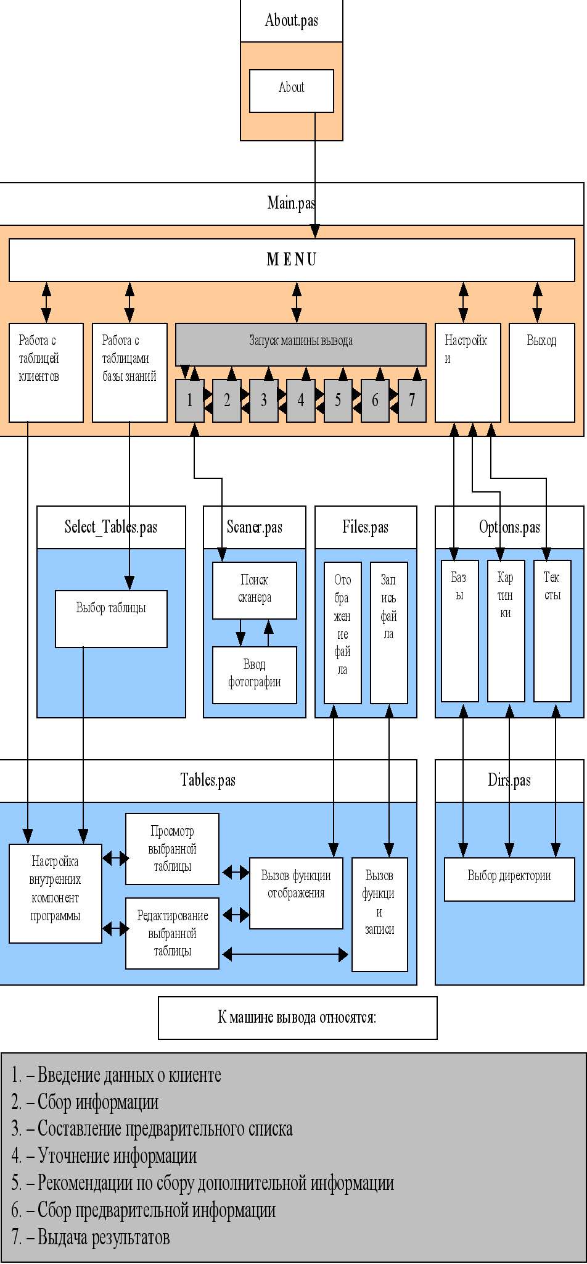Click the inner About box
tap(291, 91)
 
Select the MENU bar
tap(292, 260)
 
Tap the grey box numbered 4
tap(300, 401)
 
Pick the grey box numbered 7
tap(412, 401)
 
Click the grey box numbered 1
tap(189, 401)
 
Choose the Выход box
tap(541, 372)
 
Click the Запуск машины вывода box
tap(301, 344)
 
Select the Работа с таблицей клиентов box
tap(46, 372)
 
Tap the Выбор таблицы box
tap(111, 618)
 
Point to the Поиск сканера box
tap(254, 590)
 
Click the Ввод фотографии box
tap(254, 675)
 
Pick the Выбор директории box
tap(509, 879)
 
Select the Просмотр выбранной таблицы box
tap(172, 849)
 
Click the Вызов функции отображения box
tap(296, 892)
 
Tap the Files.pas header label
tap(366, 527)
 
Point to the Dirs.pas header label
tap(509, 780)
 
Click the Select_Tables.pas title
tap(111, 527)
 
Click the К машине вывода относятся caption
tap(297, 1017)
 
